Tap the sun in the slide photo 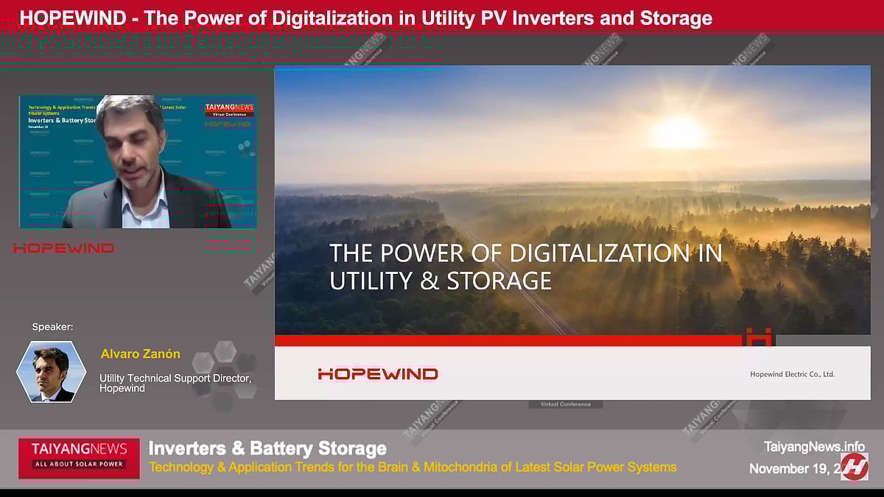tap(679, 133)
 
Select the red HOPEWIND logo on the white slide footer tap(377, 374)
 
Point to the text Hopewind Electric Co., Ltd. tap(792, 374)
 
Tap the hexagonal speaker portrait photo tap(52, 372)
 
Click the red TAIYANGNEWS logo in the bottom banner tap(79, 454)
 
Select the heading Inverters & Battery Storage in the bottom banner tap(267, 448)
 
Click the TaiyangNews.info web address tap(814, 446)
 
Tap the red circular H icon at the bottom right tap(855, 467)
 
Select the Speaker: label tap(52, 327)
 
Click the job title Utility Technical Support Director tap(175, 378)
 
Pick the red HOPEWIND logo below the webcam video tap(63, 248)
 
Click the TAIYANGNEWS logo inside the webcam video tap(228, 108)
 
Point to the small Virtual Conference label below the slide tap(565, 404)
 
